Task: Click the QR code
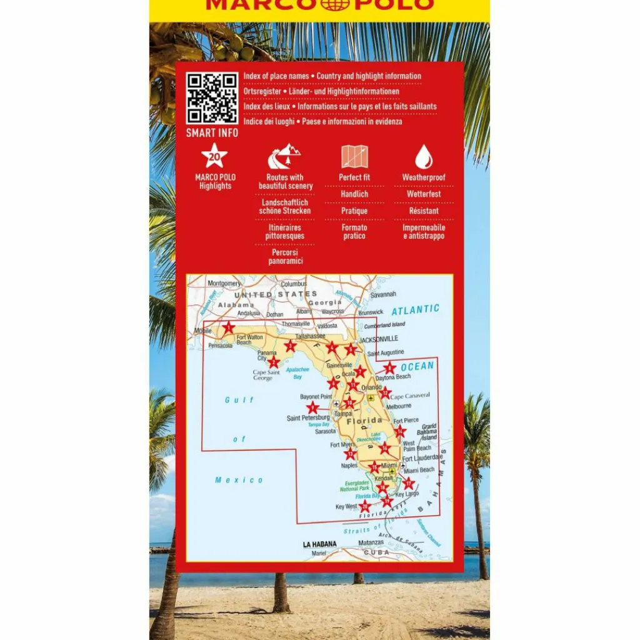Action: coord(212,98)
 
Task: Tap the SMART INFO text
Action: coord(212,132)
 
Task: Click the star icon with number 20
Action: coord(214,156)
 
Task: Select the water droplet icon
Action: coord(424,156)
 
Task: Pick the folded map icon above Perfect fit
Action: coord(354,156)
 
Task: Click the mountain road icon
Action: coord(284,156)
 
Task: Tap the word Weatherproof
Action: coord(424,177)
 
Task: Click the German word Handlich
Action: coord(354,194)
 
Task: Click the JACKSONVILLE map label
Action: coord(379,339)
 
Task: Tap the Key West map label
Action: coord(346,507)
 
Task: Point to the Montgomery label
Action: coord(224,283)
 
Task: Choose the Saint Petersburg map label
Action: coord(308,418)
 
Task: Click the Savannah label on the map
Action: coord(383,294)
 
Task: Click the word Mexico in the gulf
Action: coord(239,480)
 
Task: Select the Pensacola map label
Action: coord(220,345)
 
